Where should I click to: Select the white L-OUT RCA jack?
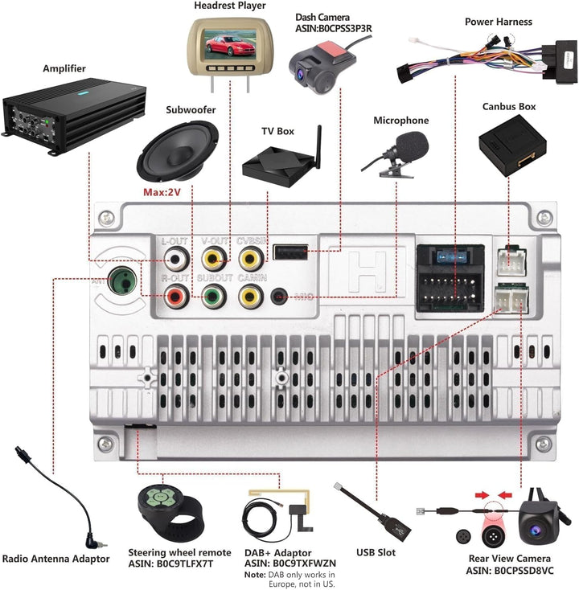[x=175, y=258]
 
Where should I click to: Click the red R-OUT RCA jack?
[x=175, y=297]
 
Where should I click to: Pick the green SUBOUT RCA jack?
[x=213, y=297]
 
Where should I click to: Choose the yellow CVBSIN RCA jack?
[x=251, y=258]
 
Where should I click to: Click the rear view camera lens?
[x=534, y=529]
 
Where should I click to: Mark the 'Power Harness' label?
[x=499, y=22]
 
